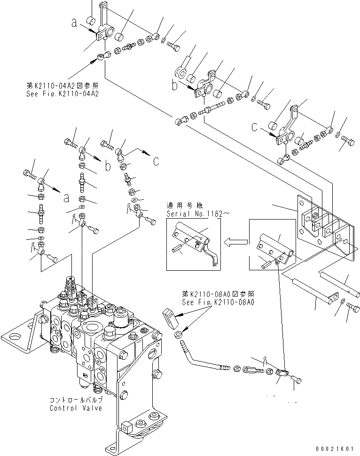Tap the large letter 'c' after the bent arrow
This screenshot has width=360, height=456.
click(x=156, y=161)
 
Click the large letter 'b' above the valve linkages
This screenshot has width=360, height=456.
click(x=108, y=167)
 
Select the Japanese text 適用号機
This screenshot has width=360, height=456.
click(x=180, y=205)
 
